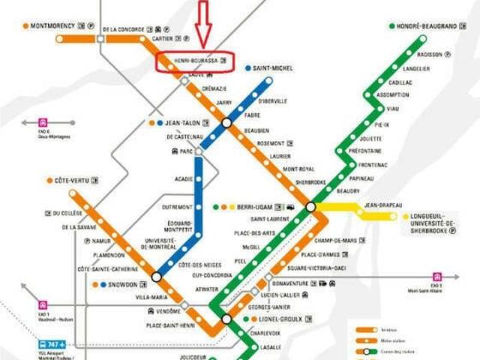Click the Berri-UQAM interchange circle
(x=310, y=206)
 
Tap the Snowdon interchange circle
(x=156, y=277)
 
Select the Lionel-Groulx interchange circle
(x=226, y=319)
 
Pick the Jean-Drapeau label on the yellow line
(x=383, y=205)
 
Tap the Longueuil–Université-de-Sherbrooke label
(x=433, y=223)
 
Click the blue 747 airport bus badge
(x=51, y=345)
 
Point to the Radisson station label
(x=430, y=54)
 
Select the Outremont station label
(x=177, y=207)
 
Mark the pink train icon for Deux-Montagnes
(x=43, y=121)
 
